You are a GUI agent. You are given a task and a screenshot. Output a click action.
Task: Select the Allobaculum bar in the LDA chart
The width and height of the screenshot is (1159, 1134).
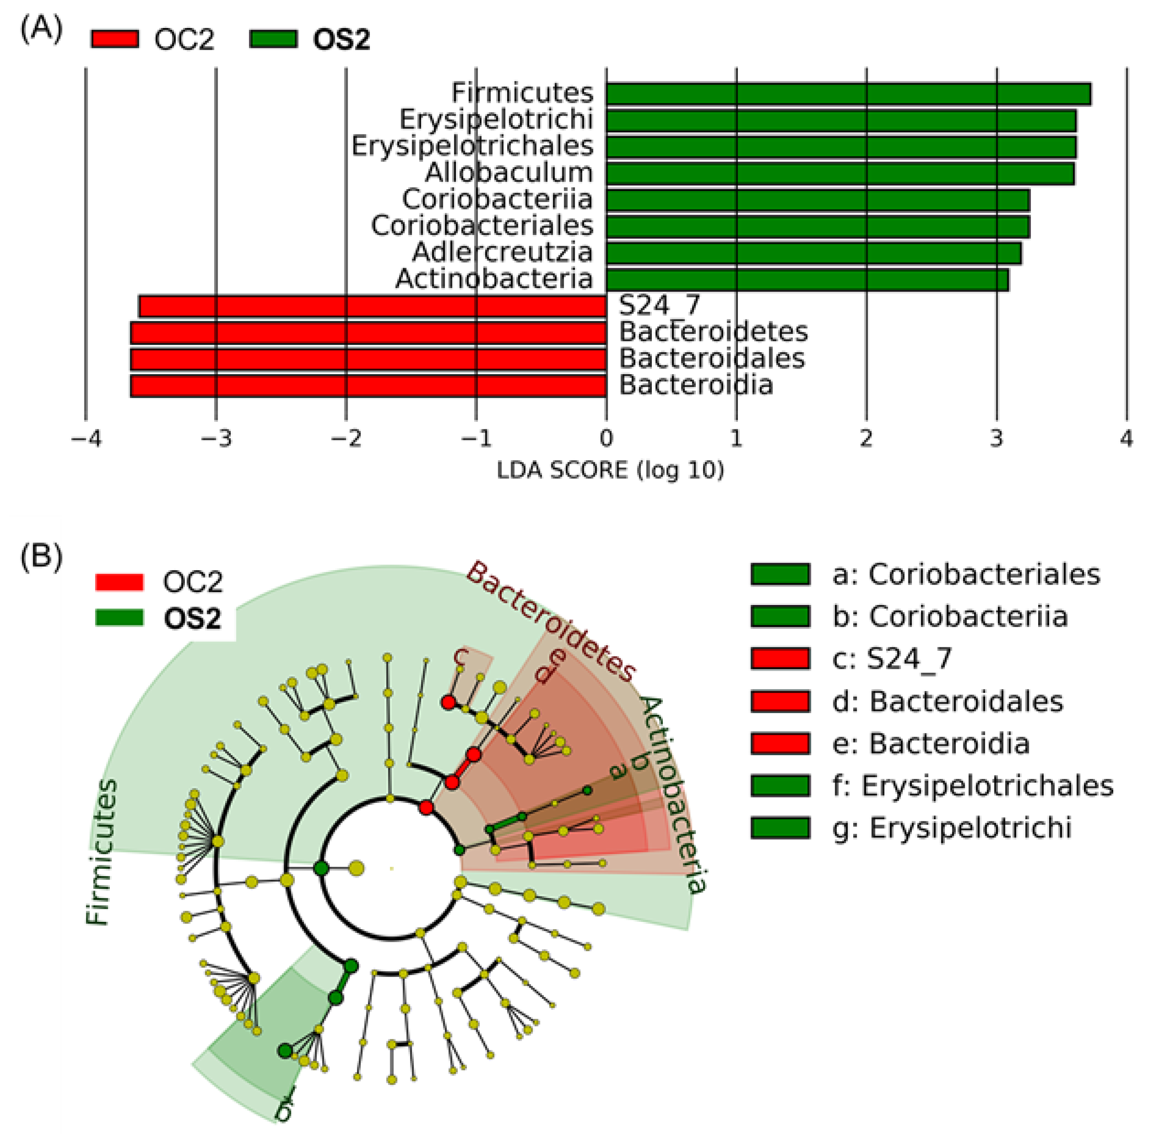point(839,174)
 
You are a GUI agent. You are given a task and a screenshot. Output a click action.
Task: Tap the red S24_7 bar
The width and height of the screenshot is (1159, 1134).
point(372,306)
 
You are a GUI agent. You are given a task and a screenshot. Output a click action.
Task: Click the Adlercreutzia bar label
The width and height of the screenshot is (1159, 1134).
point(503,252)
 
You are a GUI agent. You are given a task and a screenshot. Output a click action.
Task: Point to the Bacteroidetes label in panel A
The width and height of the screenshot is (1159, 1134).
point(713,332)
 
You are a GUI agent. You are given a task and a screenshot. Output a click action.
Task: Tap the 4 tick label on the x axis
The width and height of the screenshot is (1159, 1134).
point(1125,439)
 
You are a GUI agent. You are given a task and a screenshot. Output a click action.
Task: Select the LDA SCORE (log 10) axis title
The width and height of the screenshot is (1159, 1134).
point(610,470)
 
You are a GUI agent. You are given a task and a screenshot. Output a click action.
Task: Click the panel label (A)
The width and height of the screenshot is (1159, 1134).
point(40,28)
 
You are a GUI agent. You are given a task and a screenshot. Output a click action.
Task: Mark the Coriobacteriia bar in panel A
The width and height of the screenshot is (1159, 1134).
point(817,200)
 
